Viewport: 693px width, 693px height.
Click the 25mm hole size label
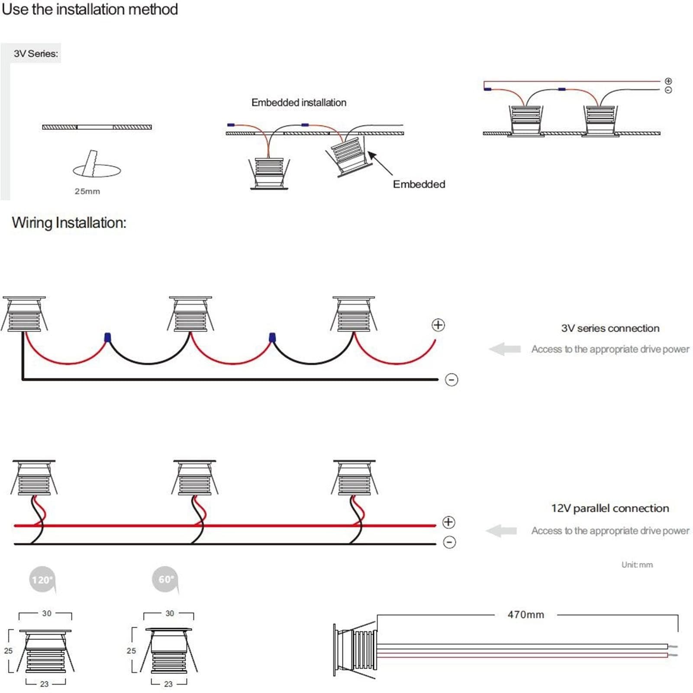click(87, 191)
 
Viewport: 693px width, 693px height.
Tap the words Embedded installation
click(299, 103)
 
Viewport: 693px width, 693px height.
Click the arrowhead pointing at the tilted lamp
click(371, 155)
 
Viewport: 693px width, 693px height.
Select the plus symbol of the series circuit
click(438, 325)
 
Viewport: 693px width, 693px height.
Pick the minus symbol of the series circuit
click(451, 380)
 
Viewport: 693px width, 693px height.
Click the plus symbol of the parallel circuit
click(448, 522)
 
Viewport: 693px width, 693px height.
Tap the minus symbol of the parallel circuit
click(450, 542)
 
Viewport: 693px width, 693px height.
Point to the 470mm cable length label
click(525, 615)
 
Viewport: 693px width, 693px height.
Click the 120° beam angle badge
click(42, 580)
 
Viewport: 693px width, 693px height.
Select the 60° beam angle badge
click(165, 580)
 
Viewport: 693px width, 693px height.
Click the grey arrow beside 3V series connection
click(505, 349)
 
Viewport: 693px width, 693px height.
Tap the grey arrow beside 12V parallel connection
click(501, 531)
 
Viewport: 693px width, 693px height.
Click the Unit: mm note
click(637, 565)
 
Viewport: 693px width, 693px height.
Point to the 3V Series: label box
click(35, 53)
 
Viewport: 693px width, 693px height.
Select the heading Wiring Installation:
click(69, 222)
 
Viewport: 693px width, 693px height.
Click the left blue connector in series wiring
click(107, 337)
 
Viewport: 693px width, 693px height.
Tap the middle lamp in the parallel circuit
click(194, 478)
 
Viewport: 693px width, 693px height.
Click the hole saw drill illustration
click(97, 164)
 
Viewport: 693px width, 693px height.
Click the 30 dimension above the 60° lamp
click(170, 613)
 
